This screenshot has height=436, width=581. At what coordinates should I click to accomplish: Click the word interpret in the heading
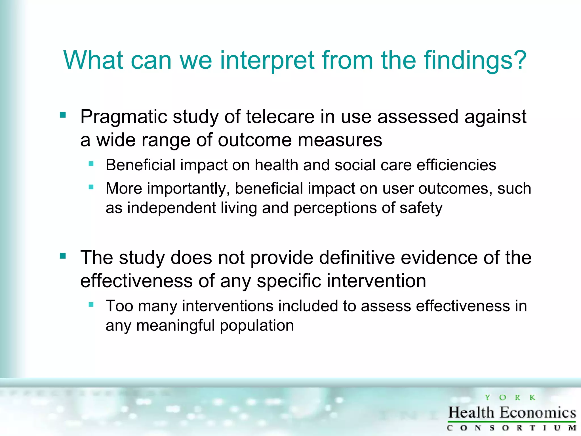tap(267, 60)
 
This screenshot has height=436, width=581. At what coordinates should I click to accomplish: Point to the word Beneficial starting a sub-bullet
tap(140, 165)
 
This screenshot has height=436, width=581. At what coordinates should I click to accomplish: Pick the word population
tap(257, 325)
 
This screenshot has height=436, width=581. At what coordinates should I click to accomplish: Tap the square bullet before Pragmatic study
tap(63, 115)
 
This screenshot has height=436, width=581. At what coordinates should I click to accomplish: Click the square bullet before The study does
tap(63, 256)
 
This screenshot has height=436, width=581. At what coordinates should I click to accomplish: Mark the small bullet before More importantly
tap(91, 187)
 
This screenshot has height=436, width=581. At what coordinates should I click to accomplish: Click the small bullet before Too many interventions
tap(91, 305)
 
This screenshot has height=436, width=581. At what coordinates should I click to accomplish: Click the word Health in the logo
tap(471, 412)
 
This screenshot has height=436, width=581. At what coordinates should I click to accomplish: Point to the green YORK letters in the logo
tap(510, 398)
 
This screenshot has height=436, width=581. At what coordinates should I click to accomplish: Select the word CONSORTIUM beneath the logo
tap(511, 428)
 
